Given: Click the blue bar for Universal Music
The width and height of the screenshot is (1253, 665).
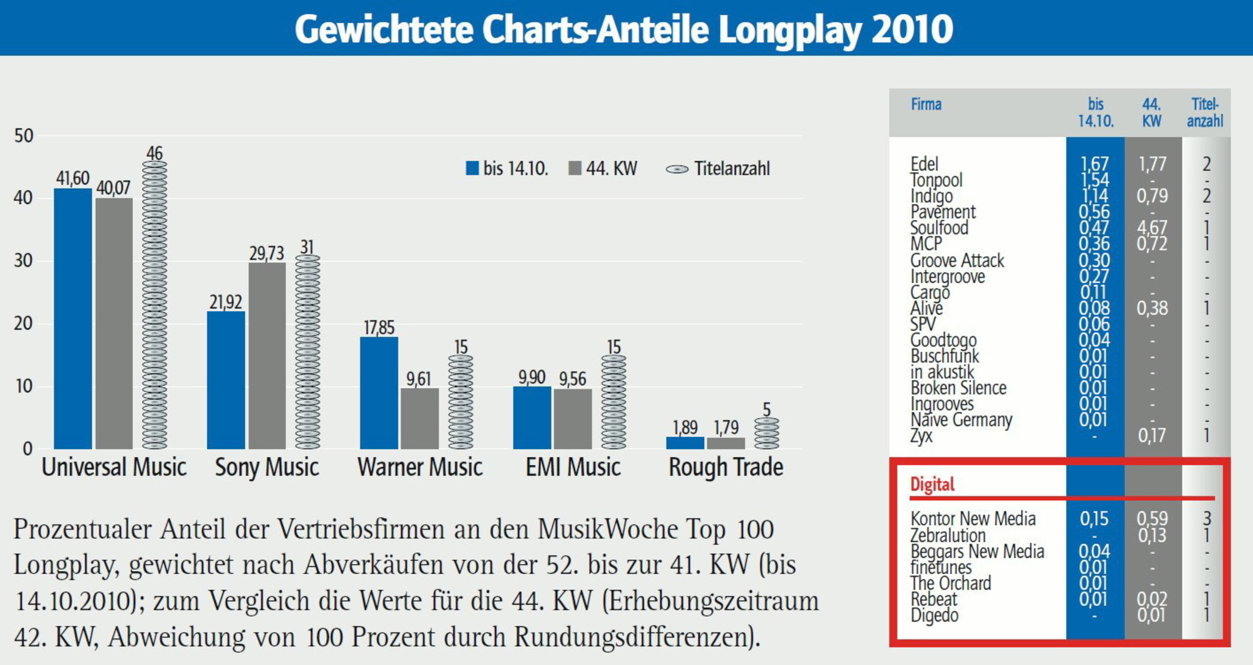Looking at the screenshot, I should tap(73, 318).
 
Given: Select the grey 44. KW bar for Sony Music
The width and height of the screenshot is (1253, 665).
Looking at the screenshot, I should tap(267, 356).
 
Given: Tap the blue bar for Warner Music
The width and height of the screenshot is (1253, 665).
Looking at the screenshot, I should tap(379, 392).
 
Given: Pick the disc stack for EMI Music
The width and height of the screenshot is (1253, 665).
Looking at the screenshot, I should tap(613, 402).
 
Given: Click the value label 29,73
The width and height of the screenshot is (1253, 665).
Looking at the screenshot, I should tap(267, 253).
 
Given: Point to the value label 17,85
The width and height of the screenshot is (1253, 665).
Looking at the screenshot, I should tap(379, 328).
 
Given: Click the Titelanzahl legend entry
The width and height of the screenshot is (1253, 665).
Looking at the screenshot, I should tap(718, 169).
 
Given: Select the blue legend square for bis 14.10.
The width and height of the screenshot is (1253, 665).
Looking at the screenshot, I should tap(472, 168).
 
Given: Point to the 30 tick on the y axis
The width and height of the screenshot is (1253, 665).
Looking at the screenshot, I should tap(24, 261).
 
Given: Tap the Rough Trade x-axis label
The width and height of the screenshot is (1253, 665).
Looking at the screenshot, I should tap(726, 468).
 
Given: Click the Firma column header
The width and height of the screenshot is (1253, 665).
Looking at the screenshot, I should tap(926, 105).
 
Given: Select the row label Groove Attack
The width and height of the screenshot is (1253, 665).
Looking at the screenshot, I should tap(957, 260).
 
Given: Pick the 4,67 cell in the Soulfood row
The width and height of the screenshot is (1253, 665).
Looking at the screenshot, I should tap(1152, 227).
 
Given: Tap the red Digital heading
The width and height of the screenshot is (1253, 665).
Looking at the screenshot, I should tap(932, 485).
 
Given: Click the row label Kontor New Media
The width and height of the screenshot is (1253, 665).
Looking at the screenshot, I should tap(973, 519).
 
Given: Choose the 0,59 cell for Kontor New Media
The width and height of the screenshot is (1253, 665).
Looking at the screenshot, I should tap(1152, 519).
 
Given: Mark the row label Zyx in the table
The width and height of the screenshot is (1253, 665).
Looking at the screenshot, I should tap(921, 436).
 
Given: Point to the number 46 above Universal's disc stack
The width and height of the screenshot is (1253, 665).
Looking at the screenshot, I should tap(154, 153).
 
